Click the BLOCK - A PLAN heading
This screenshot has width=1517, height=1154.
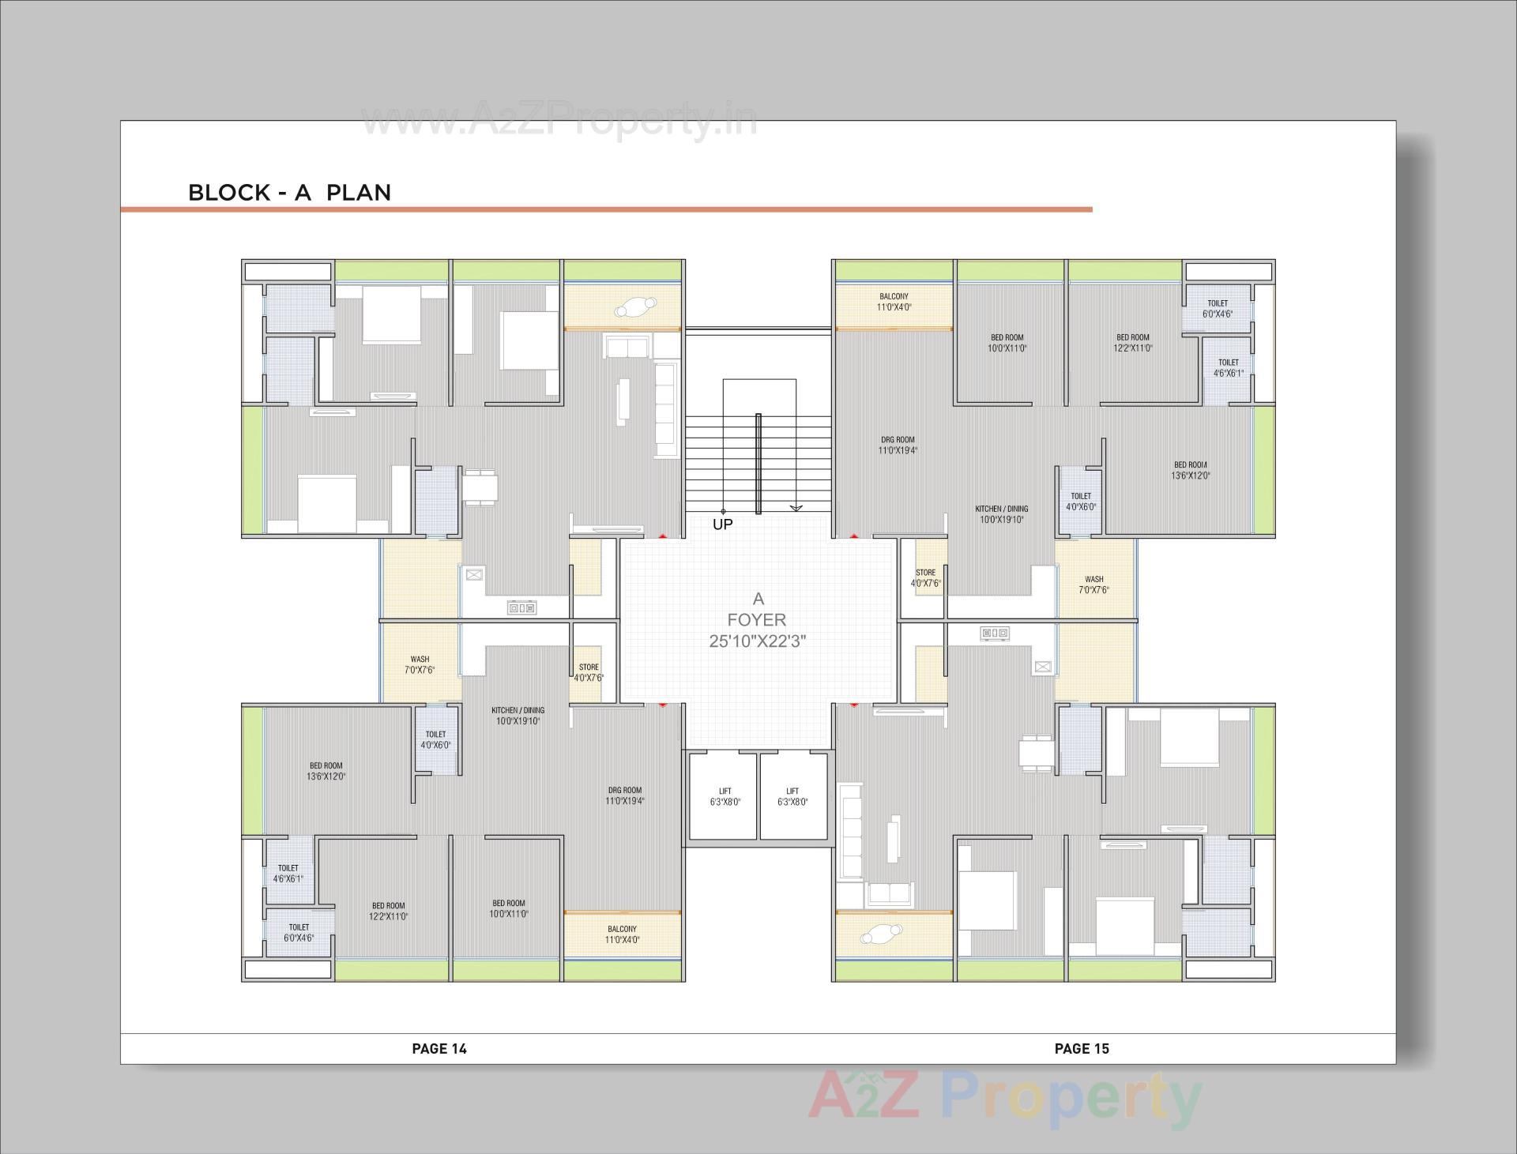click(x=289, y=193)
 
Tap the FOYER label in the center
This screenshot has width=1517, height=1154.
click(x=757, y=620)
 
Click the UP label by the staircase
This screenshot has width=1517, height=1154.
click(x=722, y=524)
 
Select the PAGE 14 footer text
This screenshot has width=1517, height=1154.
click(x=439, y=1049)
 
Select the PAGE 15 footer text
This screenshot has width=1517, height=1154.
click(x=1082, y=1049)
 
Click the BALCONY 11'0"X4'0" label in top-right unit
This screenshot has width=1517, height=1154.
click(x=894, y=302)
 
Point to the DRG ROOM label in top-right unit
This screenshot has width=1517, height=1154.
click(x=898, y=445)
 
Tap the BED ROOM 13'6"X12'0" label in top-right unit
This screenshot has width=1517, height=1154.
click(x=1190, y=470)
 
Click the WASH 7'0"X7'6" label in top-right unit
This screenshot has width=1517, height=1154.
click(x=1094, y=585)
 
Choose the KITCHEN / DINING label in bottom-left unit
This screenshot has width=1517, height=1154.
click(x=518, y=716)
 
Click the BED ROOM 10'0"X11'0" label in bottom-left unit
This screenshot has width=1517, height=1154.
click(x=508, y=908)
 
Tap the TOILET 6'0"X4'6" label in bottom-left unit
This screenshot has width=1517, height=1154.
click(x=299, y=933)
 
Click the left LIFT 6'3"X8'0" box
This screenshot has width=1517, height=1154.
click(x=725, y=796)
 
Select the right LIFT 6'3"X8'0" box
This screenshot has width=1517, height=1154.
click(x=792, y=796)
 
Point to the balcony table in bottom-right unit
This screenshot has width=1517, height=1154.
click(x=880, y=934)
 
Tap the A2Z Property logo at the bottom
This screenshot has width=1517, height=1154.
click(x=1003, y=1098)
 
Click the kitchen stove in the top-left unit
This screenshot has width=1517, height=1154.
click(x=521, y=607)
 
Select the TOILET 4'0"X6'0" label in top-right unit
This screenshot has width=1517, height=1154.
click(x=1080, y=502)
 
